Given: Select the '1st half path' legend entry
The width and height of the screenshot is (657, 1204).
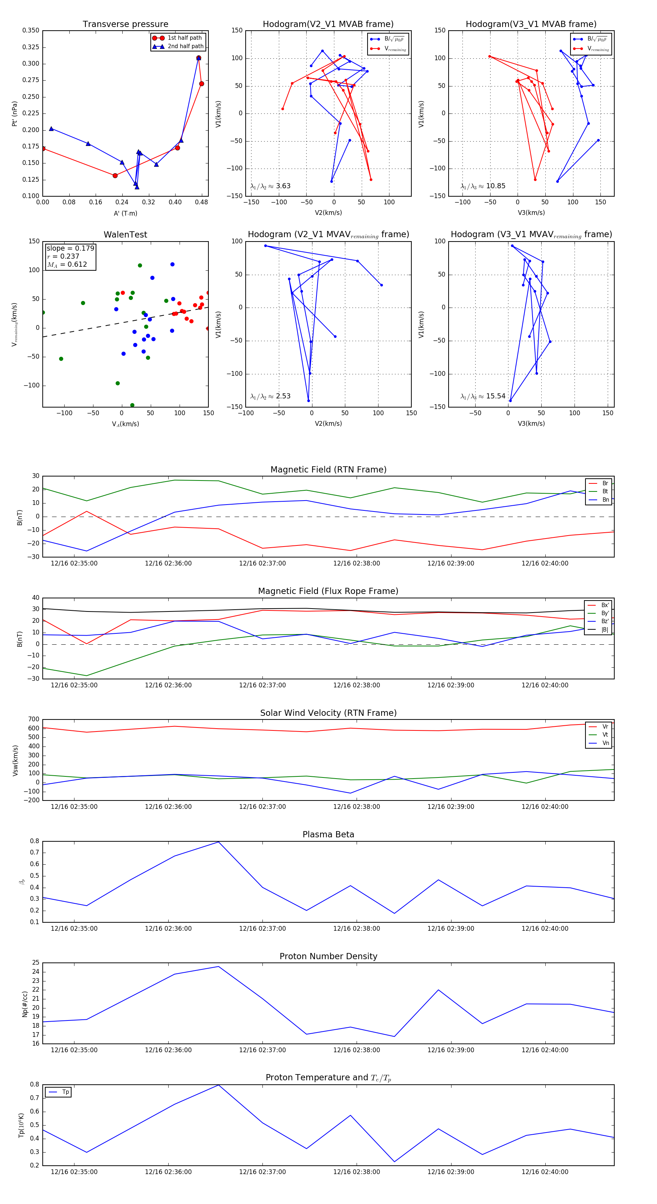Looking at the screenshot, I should [184, 38].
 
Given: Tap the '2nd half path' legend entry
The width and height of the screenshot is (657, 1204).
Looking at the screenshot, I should [185, 46].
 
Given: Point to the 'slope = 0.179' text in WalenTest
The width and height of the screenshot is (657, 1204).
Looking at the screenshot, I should [70, 248].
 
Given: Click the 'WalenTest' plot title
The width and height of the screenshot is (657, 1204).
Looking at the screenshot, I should [125, 235].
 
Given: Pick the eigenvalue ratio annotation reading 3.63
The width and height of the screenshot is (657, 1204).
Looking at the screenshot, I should [270, 186].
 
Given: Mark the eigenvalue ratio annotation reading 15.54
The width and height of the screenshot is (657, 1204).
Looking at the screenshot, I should [483, 396].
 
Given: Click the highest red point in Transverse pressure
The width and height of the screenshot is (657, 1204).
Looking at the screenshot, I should [199, 58].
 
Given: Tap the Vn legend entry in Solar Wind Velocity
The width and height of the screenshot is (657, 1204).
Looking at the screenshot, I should [605, 743].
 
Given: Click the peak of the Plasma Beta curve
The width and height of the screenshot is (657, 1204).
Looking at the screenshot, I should [218, 842].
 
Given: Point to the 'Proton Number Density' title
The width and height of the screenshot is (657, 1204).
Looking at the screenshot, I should [328, 956].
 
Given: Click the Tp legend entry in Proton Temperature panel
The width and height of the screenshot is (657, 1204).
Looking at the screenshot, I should [65, 1092].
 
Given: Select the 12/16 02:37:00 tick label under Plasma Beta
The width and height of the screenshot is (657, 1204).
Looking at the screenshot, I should [262, 928].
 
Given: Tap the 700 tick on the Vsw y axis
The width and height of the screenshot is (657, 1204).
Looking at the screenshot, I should [34, 719].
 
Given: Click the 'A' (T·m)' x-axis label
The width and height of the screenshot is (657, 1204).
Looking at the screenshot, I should [125, 213].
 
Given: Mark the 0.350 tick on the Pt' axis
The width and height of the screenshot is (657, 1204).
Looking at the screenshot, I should [31, 30].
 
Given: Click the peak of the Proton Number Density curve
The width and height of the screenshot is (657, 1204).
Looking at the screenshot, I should [218, 966].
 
